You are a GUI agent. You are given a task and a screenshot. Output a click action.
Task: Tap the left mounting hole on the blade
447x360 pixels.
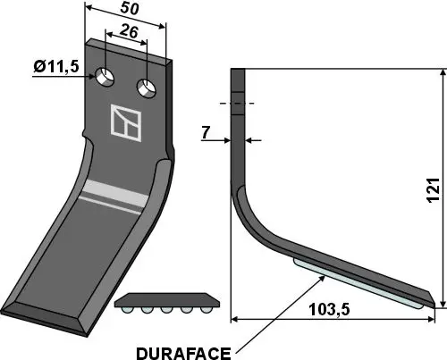pos(106,78)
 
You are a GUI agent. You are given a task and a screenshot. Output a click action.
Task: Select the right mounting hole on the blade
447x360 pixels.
pos(144,88)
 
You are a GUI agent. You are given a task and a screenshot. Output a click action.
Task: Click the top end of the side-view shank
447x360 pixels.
pos(238,71)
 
